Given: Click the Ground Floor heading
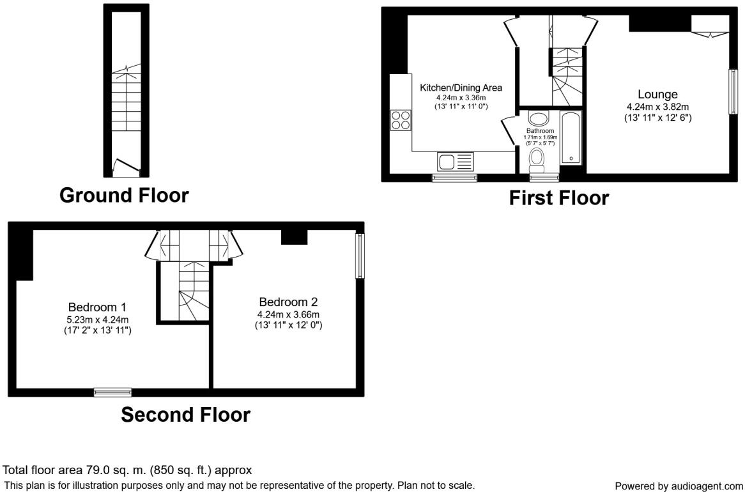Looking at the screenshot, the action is point(124,196).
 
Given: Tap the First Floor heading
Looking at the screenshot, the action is point(558,198).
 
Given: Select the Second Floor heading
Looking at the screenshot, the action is point(185,415).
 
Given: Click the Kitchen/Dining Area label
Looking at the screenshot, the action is point(461,88).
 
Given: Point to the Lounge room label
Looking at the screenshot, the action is point(657,95).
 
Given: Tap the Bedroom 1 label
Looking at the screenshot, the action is point(97,307).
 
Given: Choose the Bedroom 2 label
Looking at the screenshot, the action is point(288,302).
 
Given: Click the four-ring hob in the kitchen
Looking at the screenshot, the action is point(401,119).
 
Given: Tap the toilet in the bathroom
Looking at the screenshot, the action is point(537,160).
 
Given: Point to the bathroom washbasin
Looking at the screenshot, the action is point(539,118).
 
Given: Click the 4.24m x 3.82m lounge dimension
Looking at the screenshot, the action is point(657,107).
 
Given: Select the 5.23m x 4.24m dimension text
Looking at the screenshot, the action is point(97,319).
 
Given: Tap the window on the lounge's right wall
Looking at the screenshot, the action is point(733,92).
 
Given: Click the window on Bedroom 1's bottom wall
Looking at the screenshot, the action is point(112,392).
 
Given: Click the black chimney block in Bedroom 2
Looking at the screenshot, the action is point(294,236).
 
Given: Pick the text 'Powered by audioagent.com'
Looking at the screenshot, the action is point(679,486).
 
